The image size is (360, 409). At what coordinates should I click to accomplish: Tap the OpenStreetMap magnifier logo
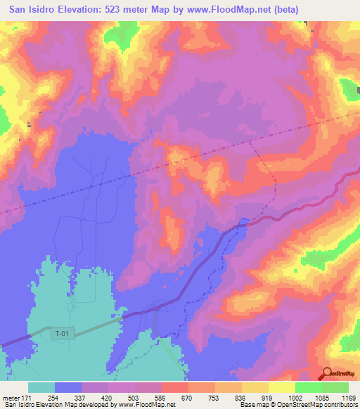(x=327, y=373)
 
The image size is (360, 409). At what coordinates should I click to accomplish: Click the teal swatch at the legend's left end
(x=41, y=387)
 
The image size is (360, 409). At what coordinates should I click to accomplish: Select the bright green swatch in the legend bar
(x=309, y=387)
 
